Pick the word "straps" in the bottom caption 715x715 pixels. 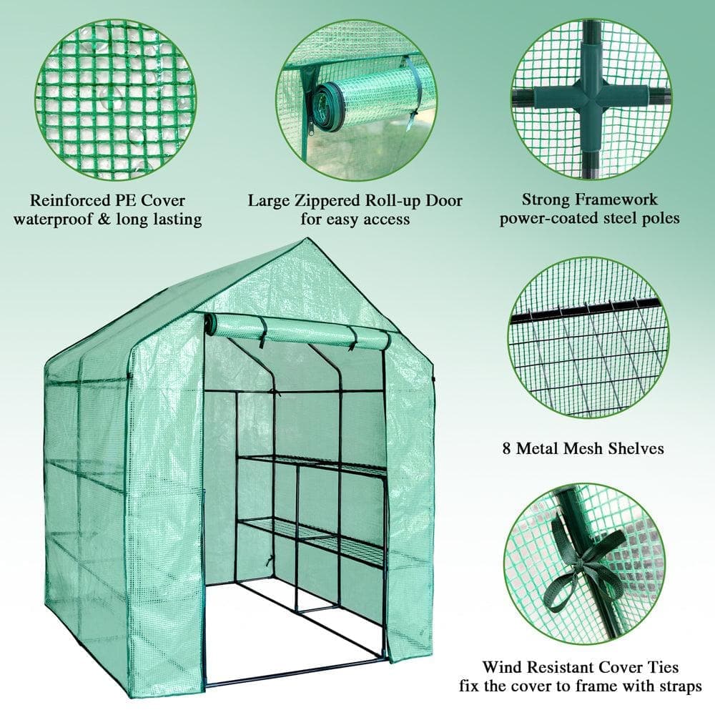click(x=678, y=688)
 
